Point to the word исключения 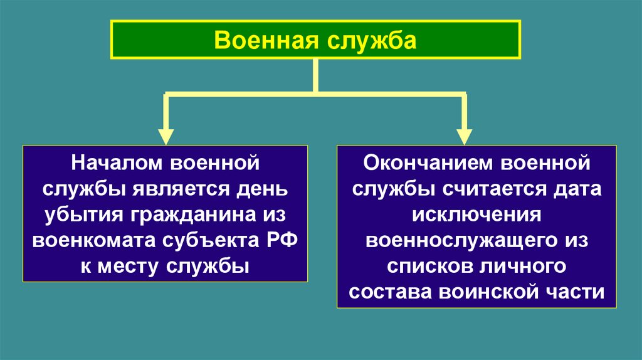[476, 215]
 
